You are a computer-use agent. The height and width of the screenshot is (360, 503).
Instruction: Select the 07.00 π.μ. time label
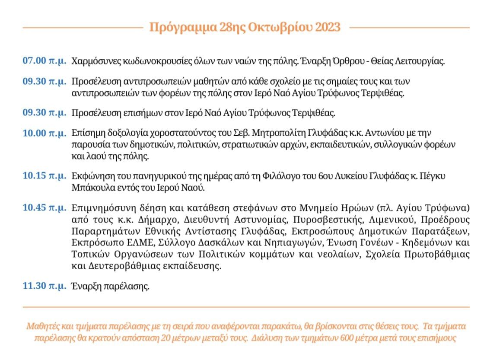(x=45, y=61)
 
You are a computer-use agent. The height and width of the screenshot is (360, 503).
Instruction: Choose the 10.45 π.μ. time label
(x=45, y=208)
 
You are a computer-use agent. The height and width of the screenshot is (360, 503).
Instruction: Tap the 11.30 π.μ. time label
(x=45, y=286)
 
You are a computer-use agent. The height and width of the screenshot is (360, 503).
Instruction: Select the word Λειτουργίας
(x=420, y=61)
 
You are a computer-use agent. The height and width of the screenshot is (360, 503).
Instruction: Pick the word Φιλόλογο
(x=322, y=176)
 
